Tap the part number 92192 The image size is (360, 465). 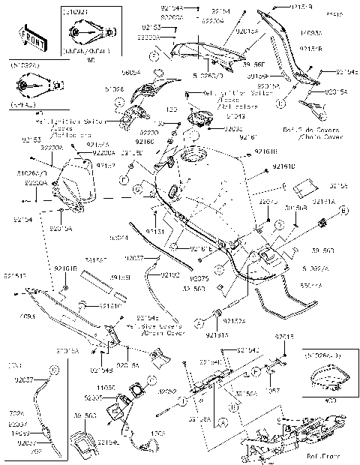(x=172, y=275)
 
